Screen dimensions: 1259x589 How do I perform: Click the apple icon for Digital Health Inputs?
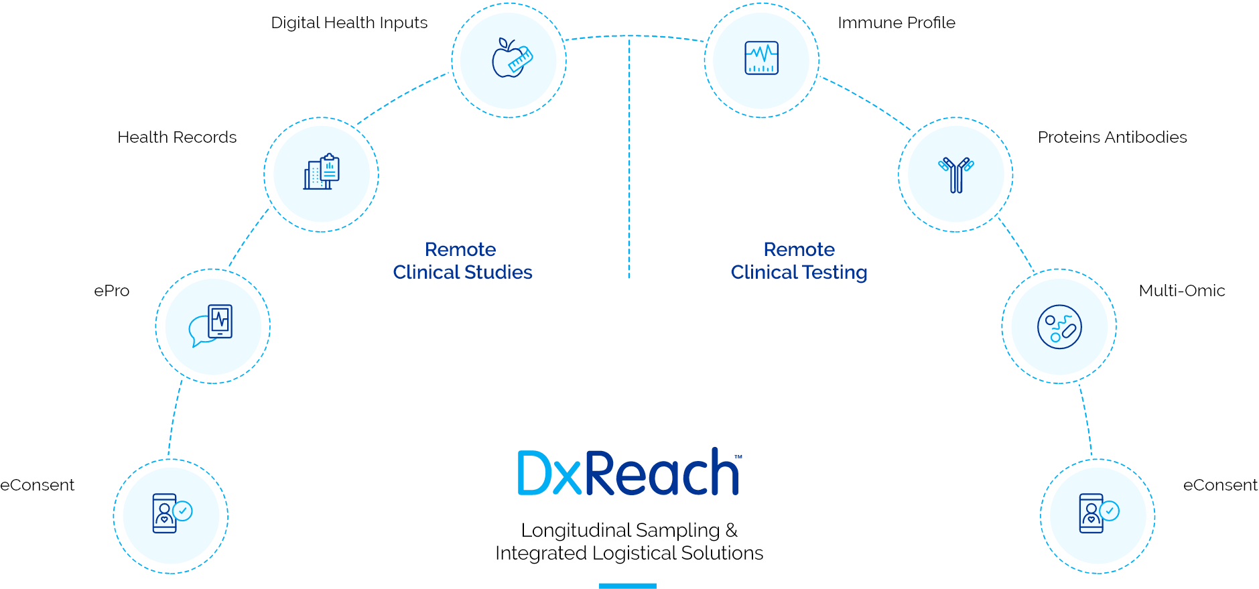tap(511, 59)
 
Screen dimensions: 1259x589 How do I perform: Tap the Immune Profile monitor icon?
tap(762, 58)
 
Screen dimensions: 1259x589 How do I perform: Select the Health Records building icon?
tap(322, 172)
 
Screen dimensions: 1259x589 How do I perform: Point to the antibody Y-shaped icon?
tap(956, 174)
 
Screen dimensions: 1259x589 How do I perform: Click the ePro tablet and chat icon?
tap(212, 326)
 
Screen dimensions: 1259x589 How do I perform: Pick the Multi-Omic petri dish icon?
tap(1059, 327)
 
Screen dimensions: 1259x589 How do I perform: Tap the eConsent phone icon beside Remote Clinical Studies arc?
tap(171, 514)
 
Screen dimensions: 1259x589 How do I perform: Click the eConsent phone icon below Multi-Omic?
tap(1098, 514)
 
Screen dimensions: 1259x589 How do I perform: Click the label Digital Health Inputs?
tap(349, 23)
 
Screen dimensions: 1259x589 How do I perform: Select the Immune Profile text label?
tap(896, 23)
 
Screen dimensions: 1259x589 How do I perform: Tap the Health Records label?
tap(177, 137)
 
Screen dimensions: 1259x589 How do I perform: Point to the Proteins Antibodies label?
tap(1112, 137)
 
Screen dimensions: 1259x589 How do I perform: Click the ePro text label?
tap(112, 291)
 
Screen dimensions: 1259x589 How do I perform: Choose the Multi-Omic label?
tap(1182, 291)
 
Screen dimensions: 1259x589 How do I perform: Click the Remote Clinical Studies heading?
tap(462, 261)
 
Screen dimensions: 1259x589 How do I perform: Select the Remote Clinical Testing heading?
tap(799, 261)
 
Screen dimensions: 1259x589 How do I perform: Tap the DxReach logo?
tap(628, 473)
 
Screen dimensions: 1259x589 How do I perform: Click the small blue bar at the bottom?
tap(627, 586)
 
